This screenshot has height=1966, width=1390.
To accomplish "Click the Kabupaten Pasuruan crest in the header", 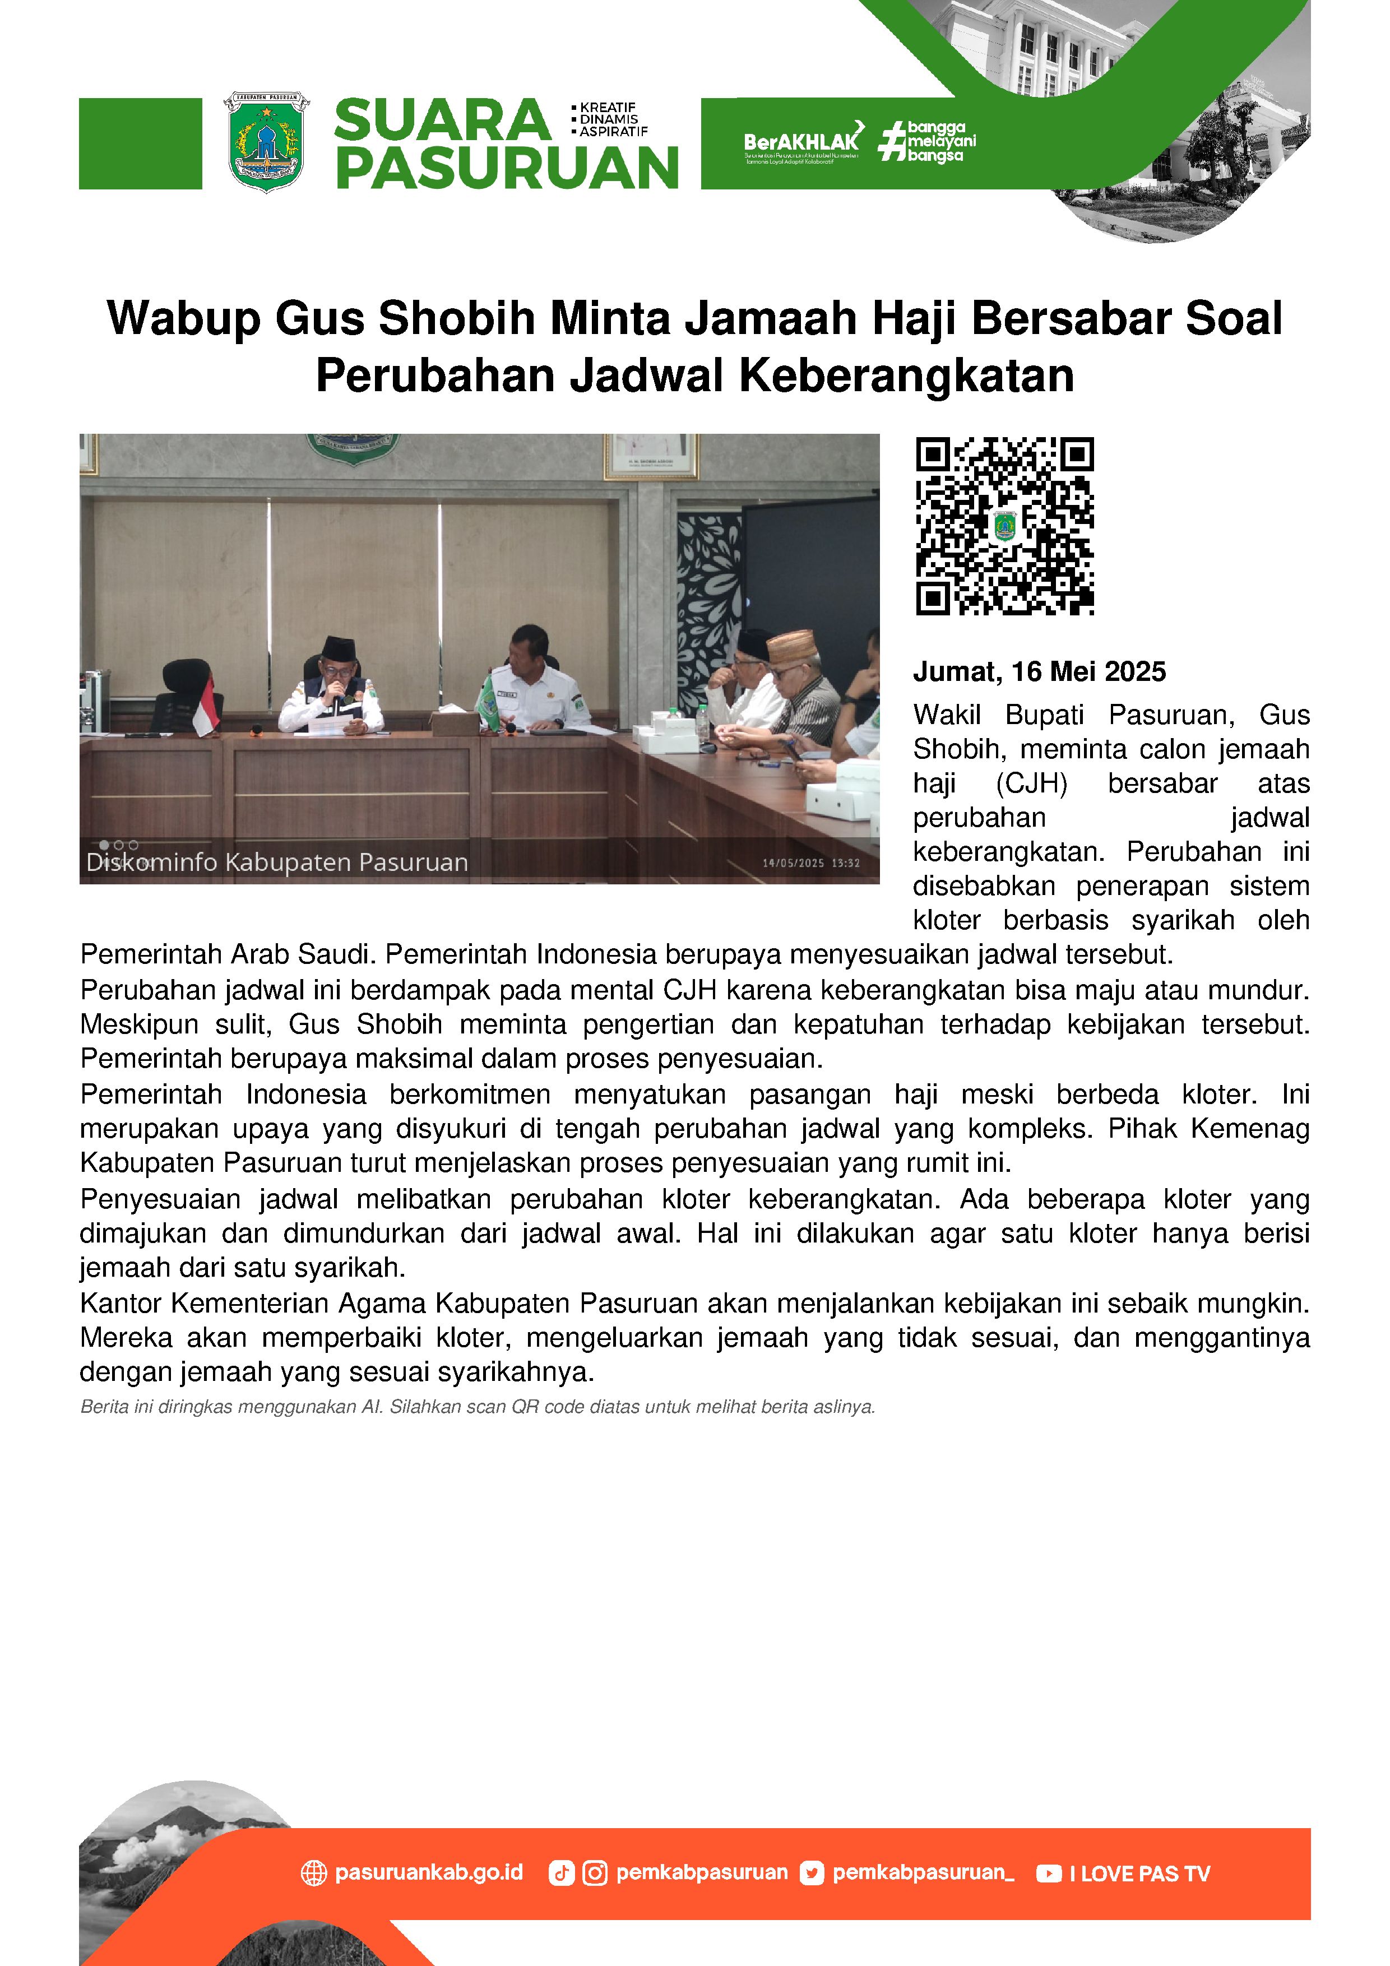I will point(266,142).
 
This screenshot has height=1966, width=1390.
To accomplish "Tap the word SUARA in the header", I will point(442,120).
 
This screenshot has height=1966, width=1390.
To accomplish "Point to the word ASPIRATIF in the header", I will point(613,132).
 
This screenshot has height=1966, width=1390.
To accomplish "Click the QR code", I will point(1004,526).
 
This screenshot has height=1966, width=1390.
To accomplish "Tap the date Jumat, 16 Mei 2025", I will point(1039,672).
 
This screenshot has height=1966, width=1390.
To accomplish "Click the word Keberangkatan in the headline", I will point(906,375).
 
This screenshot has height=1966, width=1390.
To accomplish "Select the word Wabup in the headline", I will point(183,318).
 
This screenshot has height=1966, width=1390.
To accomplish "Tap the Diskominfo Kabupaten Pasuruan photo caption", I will point(277,863).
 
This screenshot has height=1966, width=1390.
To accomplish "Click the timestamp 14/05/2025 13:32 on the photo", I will point(811,863).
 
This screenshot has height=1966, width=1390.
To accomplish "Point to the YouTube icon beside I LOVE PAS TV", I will point(1048,1874).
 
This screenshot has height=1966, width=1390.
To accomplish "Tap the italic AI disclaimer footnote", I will point(477,1407).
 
